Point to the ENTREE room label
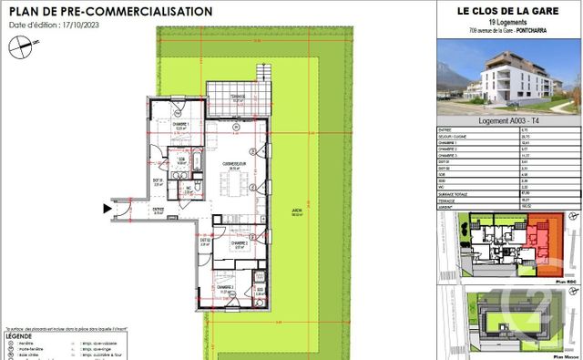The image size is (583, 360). tap(158, 209)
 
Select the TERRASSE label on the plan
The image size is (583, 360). tap(237, 95)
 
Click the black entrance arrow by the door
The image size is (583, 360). tap(107, 209)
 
